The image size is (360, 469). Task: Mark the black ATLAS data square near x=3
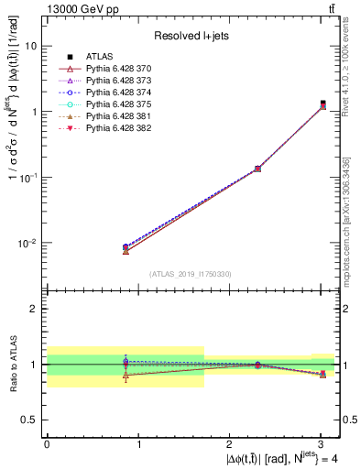point(322,104)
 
